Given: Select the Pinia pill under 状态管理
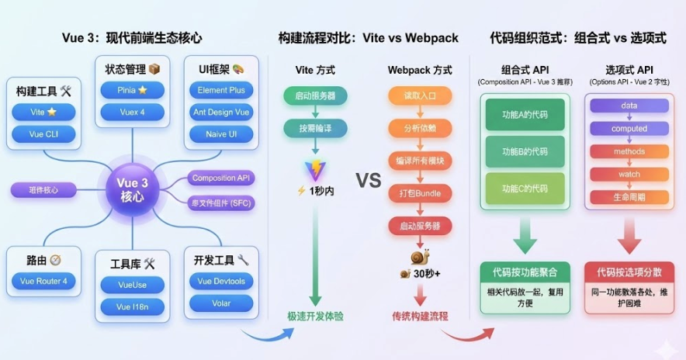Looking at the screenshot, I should point(132,90).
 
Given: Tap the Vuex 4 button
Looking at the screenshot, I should point(132,112).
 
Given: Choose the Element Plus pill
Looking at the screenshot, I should point(221,90).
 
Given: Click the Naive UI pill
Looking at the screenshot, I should point(221,134).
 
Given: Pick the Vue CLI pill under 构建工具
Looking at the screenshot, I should point(43,134).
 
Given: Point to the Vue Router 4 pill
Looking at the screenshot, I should point(43,281).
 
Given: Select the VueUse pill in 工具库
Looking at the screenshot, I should point(132,285).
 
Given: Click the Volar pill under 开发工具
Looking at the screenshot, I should point(221,303).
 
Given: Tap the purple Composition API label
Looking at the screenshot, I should point(223,178).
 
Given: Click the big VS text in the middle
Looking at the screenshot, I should point(369,181).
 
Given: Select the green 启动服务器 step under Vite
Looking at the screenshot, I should point(315,97).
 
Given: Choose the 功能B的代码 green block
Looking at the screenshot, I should point(525,151).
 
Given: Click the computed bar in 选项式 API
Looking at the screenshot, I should point(629,128).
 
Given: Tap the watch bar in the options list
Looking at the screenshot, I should point(629,174).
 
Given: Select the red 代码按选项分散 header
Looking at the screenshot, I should point(629,272).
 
